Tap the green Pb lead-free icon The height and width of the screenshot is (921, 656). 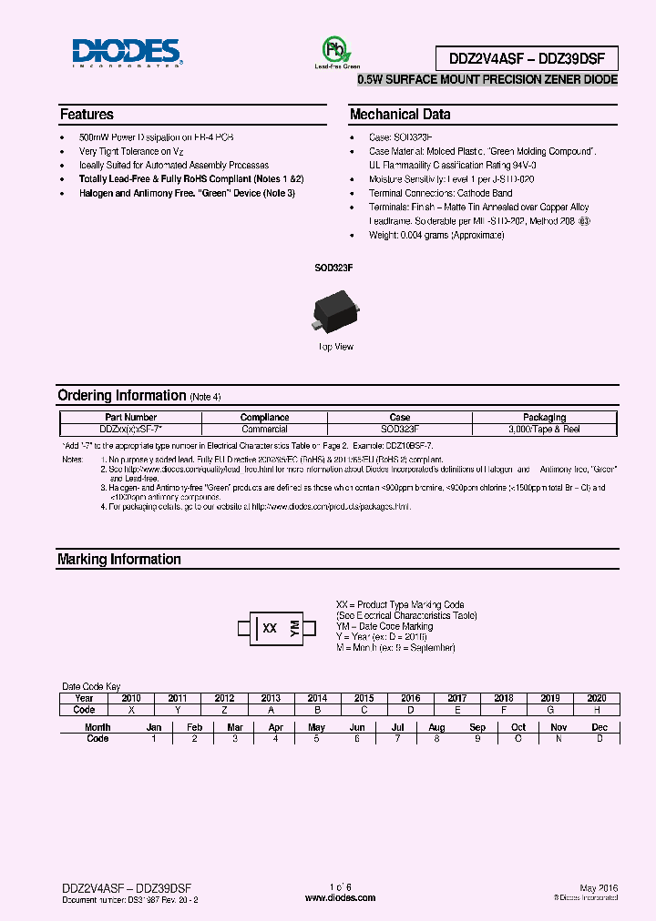(337, 49)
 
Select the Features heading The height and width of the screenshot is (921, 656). (87, 115)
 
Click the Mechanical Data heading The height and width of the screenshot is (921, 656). (400, 115)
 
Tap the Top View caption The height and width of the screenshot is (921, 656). (334, 347)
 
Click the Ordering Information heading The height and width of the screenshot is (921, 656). (121, 396)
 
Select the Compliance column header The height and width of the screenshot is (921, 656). (265, 418)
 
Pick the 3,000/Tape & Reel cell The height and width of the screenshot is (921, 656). (544, 429)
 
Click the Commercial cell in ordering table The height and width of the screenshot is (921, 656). (265, 429)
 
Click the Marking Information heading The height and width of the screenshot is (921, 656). (118, 560)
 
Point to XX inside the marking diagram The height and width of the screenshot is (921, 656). (269, 628)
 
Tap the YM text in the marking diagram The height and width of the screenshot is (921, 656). (294, 628)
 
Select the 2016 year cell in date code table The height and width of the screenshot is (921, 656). (411, 698)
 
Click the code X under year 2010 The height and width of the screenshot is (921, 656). (131, 709)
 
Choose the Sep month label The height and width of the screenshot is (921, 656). (477, 727)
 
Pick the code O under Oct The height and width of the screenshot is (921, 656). (518, 738)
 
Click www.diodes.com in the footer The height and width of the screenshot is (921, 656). (340, 897)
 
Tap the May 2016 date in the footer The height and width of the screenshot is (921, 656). (598, 887)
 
